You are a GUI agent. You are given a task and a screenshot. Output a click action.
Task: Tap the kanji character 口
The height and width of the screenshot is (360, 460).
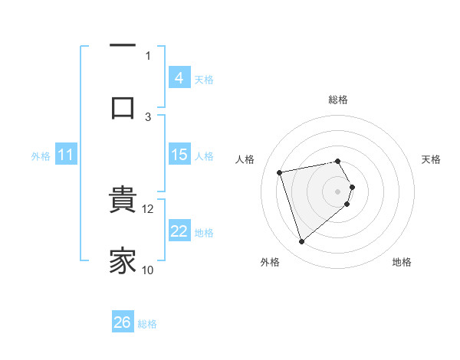(123, 106)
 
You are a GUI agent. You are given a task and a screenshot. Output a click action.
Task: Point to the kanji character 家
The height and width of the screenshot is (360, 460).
(123, 260)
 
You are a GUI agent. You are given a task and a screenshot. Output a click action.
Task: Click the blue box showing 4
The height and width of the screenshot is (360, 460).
(179, 77)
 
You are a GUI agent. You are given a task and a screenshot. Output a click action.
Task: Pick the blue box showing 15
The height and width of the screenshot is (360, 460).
(179, 155)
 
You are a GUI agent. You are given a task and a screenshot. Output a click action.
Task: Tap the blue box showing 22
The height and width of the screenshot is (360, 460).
(179, 231)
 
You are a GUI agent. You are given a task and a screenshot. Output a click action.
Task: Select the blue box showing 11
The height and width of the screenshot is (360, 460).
(66, 155)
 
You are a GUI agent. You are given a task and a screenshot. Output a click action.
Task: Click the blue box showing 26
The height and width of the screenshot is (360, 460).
(123, 322)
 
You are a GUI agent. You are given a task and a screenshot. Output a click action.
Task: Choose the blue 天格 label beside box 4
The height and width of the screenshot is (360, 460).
(204, 79)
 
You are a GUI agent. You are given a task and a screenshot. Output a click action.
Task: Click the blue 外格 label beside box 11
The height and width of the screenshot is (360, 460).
(41, 156)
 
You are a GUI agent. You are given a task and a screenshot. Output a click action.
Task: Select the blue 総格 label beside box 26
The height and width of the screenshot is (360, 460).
(147, 324)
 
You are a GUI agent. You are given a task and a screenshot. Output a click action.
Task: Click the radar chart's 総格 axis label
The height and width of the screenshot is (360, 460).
(338, 100)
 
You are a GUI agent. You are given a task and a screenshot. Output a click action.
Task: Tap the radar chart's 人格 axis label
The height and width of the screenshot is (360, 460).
(245, 159)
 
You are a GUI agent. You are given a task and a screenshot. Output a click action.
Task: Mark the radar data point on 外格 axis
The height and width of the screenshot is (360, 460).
(301, 242)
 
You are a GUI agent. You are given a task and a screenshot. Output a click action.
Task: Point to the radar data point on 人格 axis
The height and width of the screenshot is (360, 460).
(280, 172)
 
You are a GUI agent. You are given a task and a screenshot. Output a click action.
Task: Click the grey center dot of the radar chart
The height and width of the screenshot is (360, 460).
(338, 191)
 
